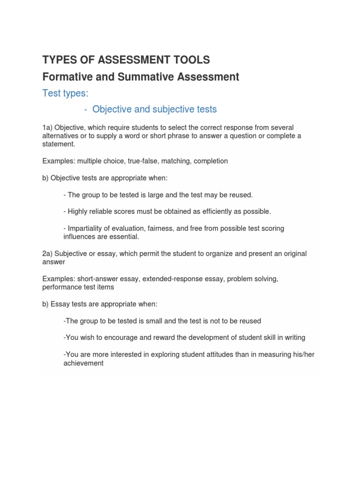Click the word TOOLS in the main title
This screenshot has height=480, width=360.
point(192,60)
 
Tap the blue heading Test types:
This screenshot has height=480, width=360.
point(65,93)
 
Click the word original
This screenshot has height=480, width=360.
point(286,254)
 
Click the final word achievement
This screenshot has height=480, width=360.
point(83,363)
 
